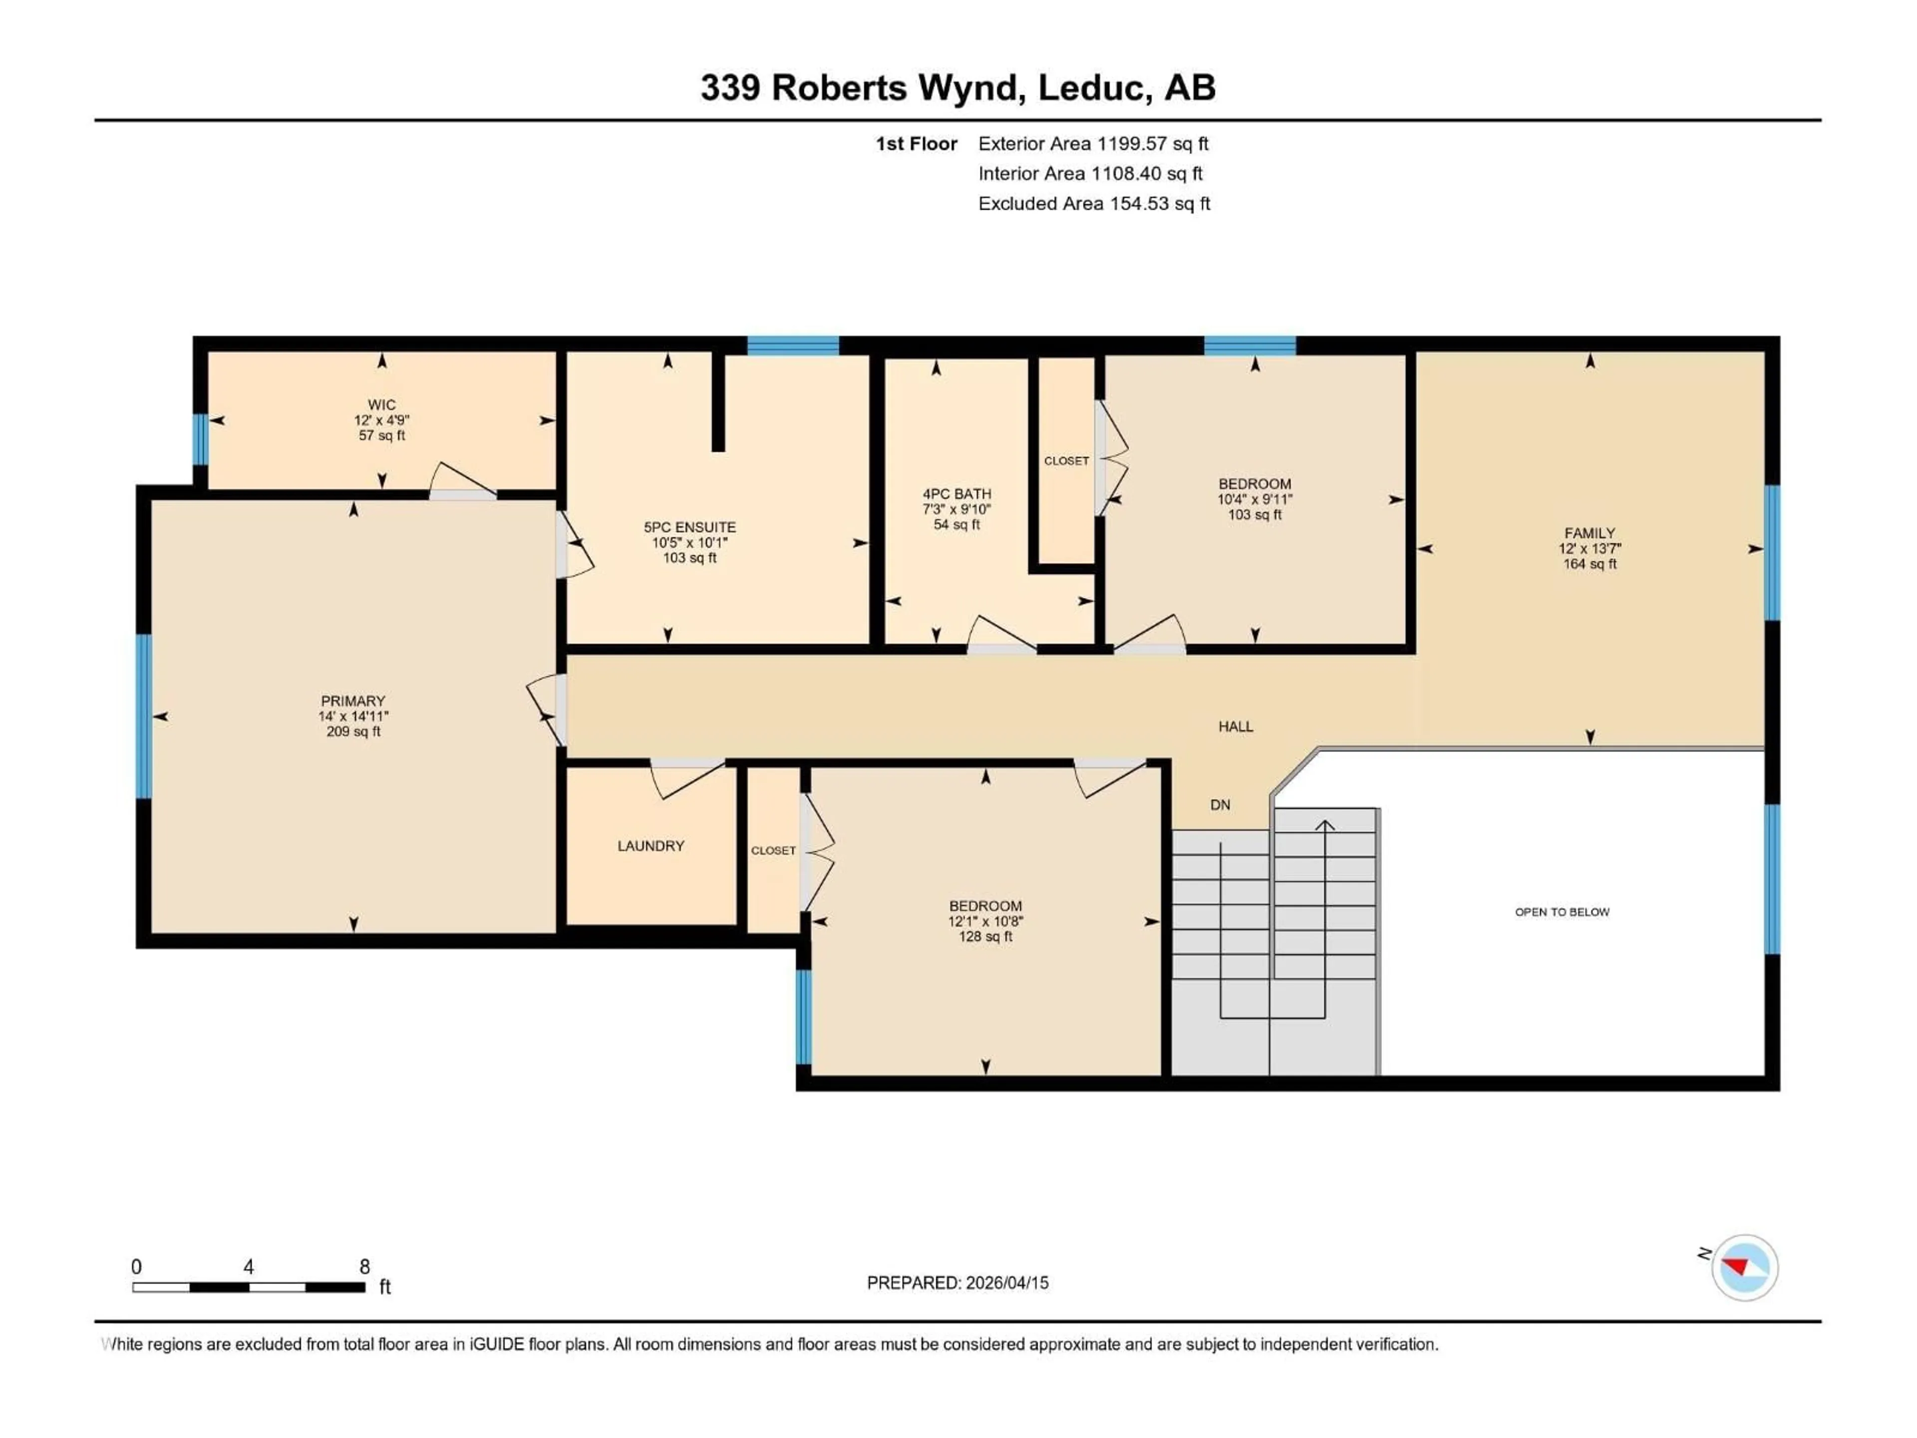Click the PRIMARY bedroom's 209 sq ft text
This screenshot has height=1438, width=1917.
(353, 731)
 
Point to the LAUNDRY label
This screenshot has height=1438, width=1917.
(651, 846)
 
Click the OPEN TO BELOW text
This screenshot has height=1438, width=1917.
(1562, 912)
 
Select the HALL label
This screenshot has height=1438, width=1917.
(1236, 726)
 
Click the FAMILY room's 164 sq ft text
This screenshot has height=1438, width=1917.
(1590, 564)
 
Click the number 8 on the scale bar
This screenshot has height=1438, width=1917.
(365, 1266)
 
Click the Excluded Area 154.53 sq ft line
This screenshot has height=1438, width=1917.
(1094, 204)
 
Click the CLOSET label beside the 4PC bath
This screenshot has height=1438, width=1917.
(1066, 461)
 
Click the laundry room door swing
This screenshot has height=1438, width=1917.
(687, 777)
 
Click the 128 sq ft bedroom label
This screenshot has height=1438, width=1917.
(985, 937)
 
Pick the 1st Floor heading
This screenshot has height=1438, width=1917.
(916, 144)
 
